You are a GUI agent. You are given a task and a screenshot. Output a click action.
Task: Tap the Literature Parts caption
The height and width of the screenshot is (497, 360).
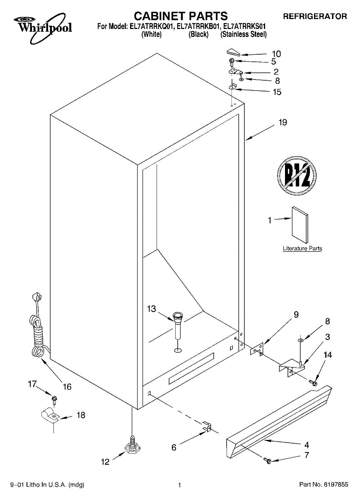(x=302, y=248)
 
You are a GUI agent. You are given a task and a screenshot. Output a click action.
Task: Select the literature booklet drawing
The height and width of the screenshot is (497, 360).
(x=300, y=225)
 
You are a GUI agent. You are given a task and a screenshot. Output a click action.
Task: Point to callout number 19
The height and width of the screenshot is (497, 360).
(x=283, y=123)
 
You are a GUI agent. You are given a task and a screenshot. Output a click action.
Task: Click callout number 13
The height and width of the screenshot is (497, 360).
(x=152, y=309)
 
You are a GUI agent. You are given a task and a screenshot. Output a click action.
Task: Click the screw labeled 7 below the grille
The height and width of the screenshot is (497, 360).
(x=268, y=460)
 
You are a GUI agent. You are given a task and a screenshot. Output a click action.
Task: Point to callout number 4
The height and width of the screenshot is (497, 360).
(x=307, y=445)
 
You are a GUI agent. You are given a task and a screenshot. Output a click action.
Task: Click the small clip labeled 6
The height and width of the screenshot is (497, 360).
(x=208, y=427)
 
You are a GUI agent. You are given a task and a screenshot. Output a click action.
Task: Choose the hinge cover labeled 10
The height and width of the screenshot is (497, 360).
(x=234, y=52)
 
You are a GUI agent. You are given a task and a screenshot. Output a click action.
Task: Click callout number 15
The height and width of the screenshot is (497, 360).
(x=277, y=92)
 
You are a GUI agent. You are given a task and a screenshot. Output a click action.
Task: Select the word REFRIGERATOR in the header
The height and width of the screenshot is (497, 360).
(x=315, y=17)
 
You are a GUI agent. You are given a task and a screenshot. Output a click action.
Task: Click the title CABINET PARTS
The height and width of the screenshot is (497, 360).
(x=181, y=16)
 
